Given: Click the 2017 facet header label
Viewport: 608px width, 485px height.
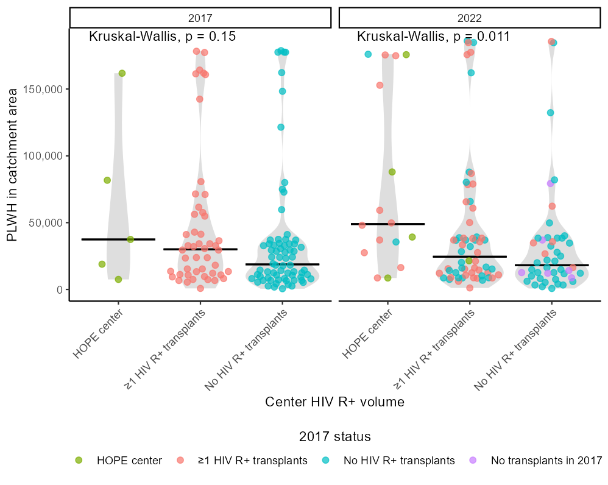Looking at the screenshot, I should [x=200, y=18].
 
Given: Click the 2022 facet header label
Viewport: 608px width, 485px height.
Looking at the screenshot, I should [x=469, y=18].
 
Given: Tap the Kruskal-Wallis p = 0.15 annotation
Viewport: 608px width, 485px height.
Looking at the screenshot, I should [x=162, y=37].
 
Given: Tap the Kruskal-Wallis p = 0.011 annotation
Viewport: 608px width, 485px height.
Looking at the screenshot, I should [x=433, y=37].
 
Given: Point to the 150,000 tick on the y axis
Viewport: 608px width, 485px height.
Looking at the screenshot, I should [x=44, y=89].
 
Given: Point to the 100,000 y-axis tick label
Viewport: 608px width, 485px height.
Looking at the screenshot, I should [x=44, y=156].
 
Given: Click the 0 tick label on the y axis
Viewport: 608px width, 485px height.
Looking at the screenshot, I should [x=59, y=289].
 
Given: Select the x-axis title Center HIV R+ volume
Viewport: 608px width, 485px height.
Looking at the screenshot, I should [x=334, y=402].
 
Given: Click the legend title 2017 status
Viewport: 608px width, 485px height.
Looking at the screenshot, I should [x=334, y=437].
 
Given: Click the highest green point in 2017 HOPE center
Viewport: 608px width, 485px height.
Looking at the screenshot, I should [x=122, y=73].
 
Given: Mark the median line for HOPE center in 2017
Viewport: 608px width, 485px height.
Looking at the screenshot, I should [x=118, y=239].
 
